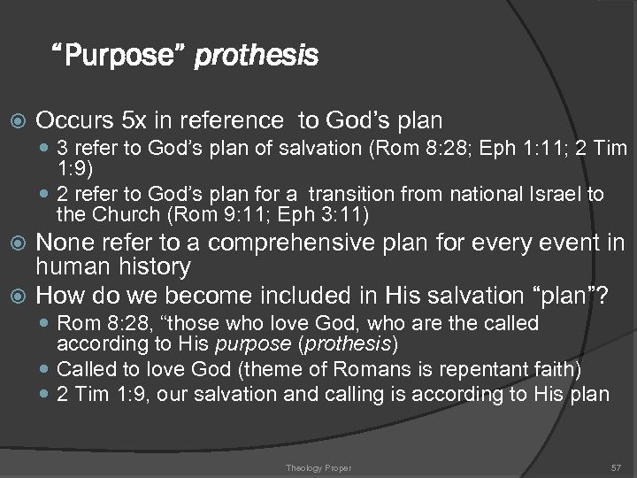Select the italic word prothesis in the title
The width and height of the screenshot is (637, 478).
(256, 58)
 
